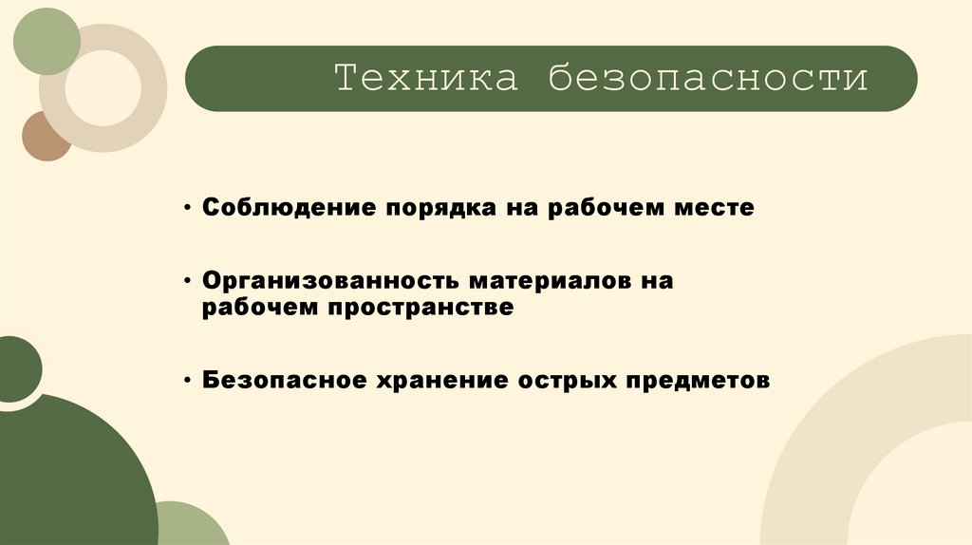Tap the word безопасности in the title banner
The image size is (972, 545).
[x=706, y=79]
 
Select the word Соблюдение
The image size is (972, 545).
[x=286, y=207]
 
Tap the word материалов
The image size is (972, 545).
[x=543, y=283]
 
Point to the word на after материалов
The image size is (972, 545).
[x=658, y=283]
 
